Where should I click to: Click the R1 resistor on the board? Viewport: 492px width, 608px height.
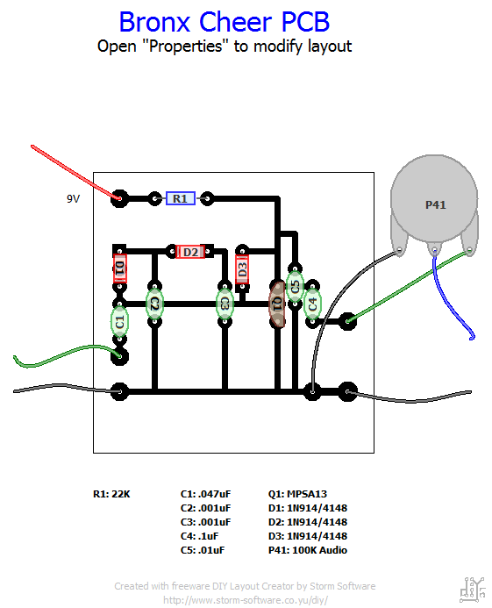pyautogui.click(x=181, y=198)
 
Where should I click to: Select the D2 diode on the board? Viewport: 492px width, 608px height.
pyautogui.click(x=190, y=252)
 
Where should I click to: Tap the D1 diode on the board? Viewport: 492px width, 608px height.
pyautogui.click(x=120, y=268)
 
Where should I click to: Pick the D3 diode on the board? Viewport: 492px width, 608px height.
pyautogui.click(x=242, y=269)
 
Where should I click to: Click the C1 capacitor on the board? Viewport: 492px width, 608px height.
pyautogui.click(x=120, y=321)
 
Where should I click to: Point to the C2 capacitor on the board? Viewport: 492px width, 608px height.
pyautogui.click(x=154, y=304)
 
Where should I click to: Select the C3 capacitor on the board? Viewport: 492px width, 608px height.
pyautogui.click(x=225, y=304)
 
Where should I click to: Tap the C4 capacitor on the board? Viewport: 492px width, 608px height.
pyautogui.click(x=312, y=304)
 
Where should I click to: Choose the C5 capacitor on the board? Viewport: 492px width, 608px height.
pyautogui.click(x=295, y=286)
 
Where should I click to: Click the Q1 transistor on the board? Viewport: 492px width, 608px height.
pyautogui.click(x=278, y=304)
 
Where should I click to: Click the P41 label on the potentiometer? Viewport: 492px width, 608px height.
pyautogui.click(x=436, y=204)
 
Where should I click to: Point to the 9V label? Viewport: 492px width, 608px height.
pyautogui.click(x=74, y=199)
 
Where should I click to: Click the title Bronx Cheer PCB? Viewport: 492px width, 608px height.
pyautogui.click(x=225, y=22)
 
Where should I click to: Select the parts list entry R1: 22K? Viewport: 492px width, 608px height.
pyautogui.click(x=111, y=494)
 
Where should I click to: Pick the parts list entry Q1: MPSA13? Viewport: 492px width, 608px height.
pyautogui.click(x=297, y=494)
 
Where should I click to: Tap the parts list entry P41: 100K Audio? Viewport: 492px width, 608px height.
pyautogui.click(x=308, y=550)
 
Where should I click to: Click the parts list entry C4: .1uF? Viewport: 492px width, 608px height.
pyautogui.click(x=199, y=536)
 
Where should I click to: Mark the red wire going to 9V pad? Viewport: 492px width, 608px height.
pyautogui.click(x=75, y=172)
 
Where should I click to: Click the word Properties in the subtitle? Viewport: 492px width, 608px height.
pyautogui.click(x=186, y=46)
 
